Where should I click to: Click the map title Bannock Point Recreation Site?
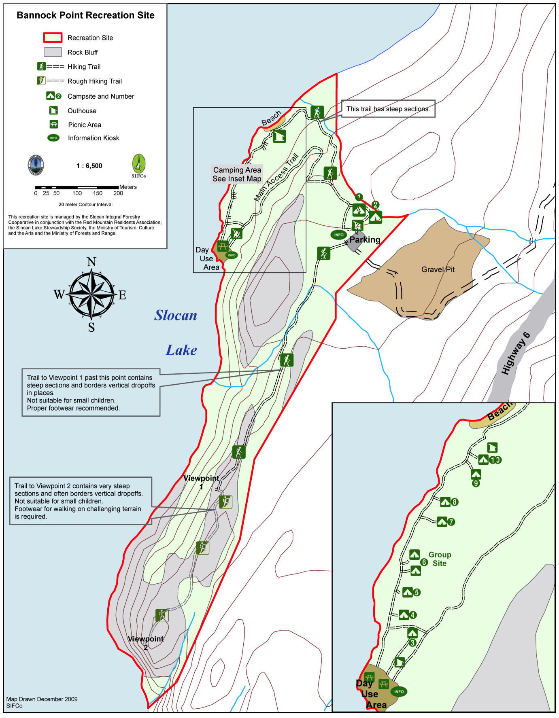(85, 15)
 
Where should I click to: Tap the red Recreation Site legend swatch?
(53, 38)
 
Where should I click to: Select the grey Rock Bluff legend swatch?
(53, 52)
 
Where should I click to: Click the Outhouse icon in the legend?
(53, 110)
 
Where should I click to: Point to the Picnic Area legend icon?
(53, 125)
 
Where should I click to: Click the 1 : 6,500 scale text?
(89, 166)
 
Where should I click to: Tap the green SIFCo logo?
(138, 165)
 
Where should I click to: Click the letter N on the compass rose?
(91, 262)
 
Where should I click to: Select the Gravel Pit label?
(438, 269)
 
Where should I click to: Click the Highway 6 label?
(515, 353)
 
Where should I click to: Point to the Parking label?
(365, 240)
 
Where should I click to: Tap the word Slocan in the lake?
(176, 316)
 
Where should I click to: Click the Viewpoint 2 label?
(146, 643)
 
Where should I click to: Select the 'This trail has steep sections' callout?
(388, 109)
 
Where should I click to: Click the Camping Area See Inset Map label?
(237, 174)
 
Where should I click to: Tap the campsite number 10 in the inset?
(495, 460)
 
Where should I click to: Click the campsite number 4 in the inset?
(413, 615)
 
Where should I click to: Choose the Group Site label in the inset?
(440, 559)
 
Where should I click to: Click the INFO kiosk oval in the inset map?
(399, 691)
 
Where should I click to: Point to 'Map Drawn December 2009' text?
(42, 699)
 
